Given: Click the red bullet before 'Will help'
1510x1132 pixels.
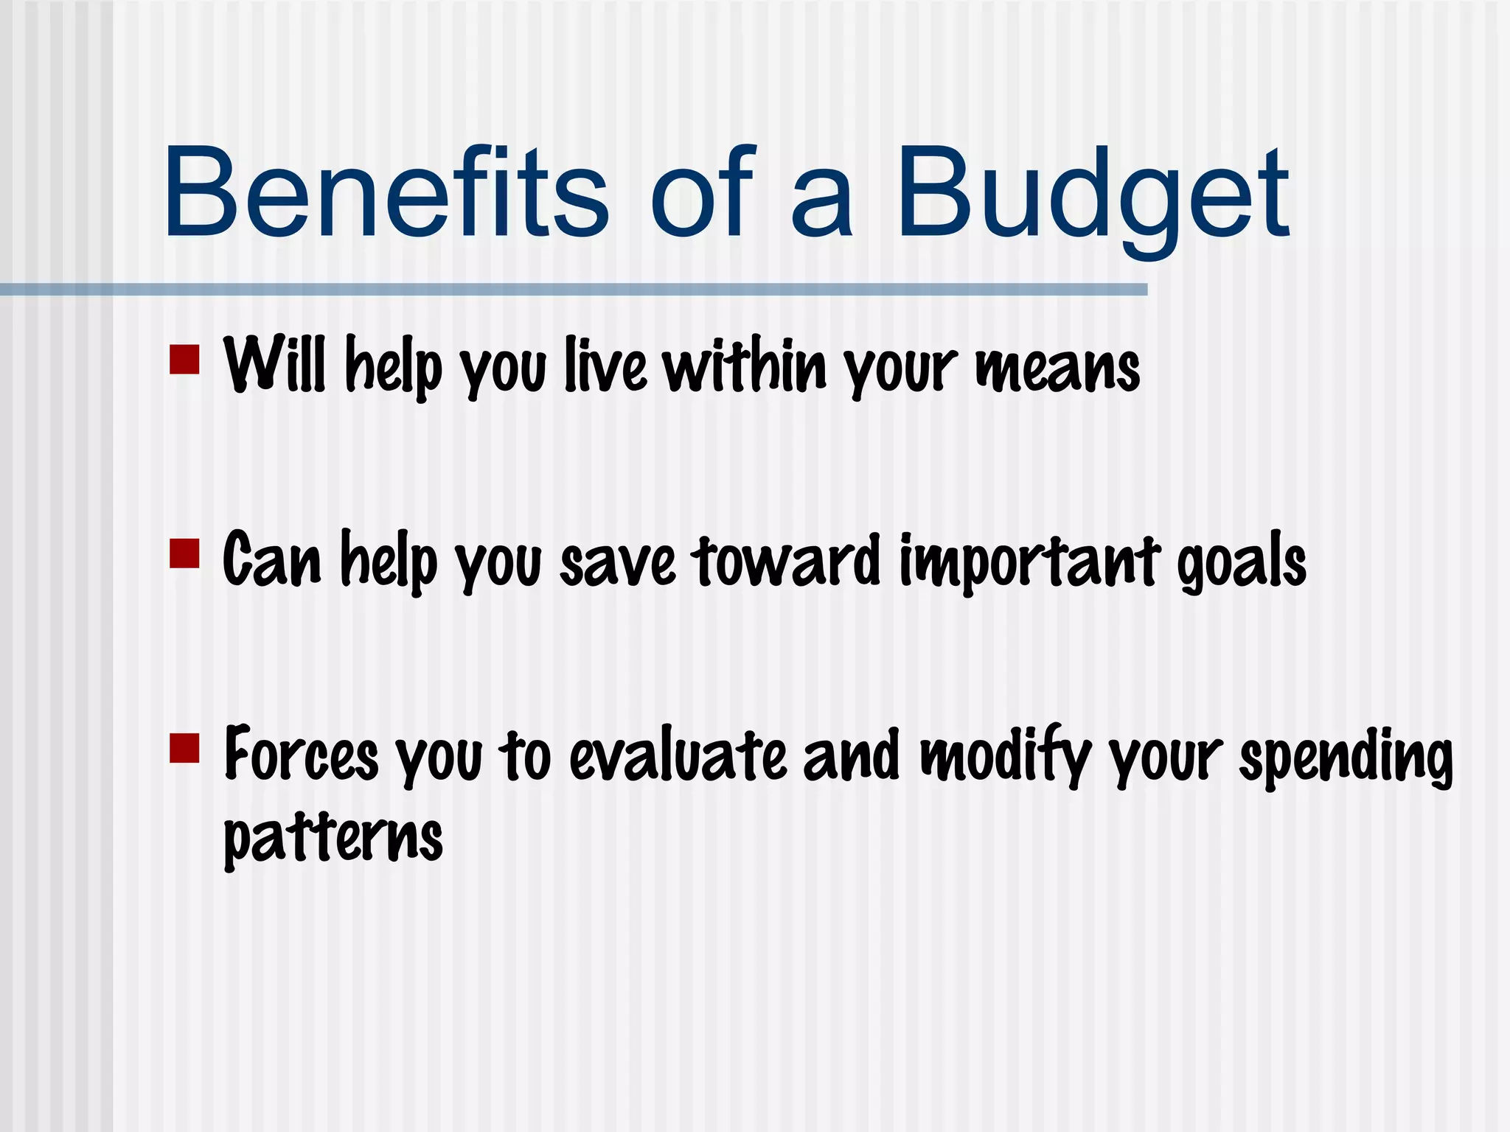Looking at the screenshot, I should pos(184,360).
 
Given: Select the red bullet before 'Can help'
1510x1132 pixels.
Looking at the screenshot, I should pos(184,553).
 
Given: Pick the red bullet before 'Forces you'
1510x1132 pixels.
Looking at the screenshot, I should pos(184,747).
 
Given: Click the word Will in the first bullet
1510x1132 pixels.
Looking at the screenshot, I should pos(274,364).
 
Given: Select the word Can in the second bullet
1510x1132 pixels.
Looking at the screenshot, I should pos(271,559).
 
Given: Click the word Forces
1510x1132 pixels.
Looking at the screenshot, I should pos(301,754).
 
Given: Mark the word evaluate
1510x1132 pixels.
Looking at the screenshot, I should pos(678,755).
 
